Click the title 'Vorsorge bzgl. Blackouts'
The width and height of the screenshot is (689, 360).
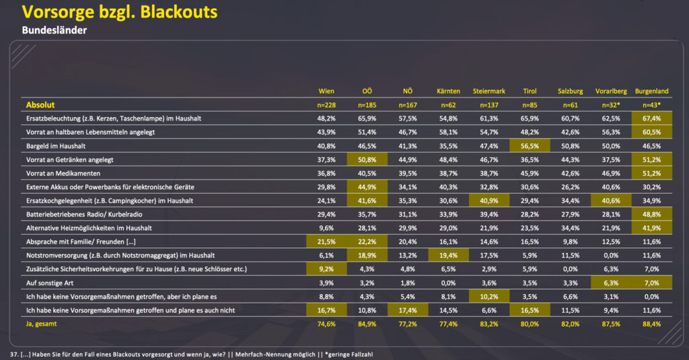click(x=120, y=13)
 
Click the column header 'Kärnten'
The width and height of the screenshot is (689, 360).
click(x=447, y=91)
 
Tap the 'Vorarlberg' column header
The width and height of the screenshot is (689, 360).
click(x=611, y=91)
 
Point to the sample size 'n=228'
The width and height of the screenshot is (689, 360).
click(x=326, y=105)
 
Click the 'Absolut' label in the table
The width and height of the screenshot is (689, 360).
click(x=40, y=105)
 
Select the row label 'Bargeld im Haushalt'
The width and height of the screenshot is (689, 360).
click(x=56, y=145)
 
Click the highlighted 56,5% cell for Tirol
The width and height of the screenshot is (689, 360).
click(x=530, y=145)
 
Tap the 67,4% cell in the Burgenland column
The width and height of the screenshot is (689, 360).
click(x=652, y=118)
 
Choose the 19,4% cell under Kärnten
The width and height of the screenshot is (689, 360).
click(x=447, y=256)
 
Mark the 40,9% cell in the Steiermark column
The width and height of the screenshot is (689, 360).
click(x=488, y=201)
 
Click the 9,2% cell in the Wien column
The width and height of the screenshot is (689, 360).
click(x=326, y=269)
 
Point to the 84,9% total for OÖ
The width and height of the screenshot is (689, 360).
click(x=366, y=324)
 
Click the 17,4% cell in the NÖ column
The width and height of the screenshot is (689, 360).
click(x=407, y=310)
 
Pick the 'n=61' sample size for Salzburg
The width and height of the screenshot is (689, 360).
click(x=570, y=105)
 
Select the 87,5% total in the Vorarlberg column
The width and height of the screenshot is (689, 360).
click(x=611, y=324)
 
